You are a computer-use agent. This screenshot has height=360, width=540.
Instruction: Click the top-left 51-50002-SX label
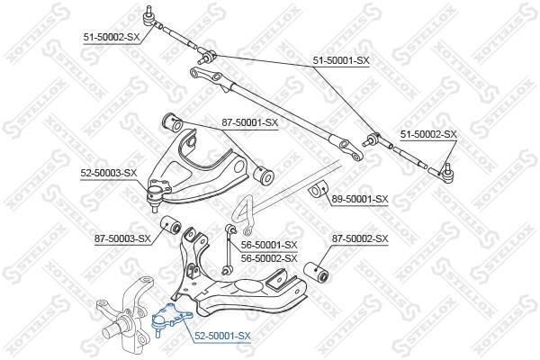[112, 37]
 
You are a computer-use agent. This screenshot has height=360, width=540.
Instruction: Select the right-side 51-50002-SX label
[428, 134]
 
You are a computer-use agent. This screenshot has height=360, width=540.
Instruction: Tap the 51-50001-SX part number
[341, 60]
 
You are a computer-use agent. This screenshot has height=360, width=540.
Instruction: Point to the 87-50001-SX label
[249, 122]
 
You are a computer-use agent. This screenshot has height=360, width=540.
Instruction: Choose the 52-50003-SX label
[109, 173]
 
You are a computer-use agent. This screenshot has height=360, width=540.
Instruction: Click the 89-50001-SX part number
[360, 199]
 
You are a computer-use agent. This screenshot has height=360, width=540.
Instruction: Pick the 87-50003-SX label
[122, 238]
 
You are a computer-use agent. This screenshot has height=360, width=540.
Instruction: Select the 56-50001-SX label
[269, 245]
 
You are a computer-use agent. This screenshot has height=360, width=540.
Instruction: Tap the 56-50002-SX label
[269, 258]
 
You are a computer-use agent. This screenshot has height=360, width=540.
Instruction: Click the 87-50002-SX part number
[360, 238]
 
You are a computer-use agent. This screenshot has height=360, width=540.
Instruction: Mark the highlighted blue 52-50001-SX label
[222, 336]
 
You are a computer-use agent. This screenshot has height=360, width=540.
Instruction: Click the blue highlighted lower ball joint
[171, 319]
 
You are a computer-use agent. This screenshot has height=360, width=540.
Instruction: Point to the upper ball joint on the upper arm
[158, 193]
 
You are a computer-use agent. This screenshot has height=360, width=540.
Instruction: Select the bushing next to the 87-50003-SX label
[171, 225]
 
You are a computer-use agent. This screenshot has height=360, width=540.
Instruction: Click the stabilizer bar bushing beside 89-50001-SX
[318, 190]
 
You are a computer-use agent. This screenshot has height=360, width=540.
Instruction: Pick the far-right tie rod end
[442, 174]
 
